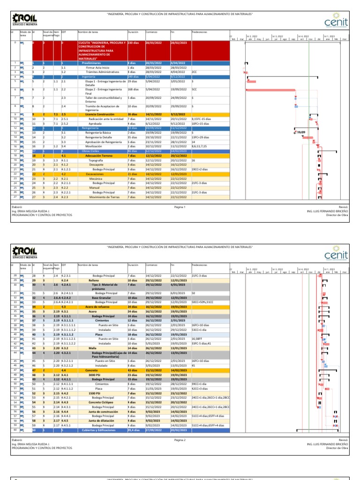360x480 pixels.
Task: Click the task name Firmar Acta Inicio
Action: [x=97, y=67]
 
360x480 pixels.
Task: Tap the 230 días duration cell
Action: [x=133, y=43]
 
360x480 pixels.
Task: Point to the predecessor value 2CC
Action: [x=195, y=72]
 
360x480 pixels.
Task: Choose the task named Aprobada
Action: [x=102, y=123]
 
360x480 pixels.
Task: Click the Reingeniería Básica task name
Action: [x=97, y=133]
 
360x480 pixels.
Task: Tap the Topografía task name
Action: [x=102, y=160]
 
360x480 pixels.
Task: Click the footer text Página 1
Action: [x=180, y=207]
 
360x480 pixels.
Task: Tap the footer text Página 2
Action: [x=180, y=440]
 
